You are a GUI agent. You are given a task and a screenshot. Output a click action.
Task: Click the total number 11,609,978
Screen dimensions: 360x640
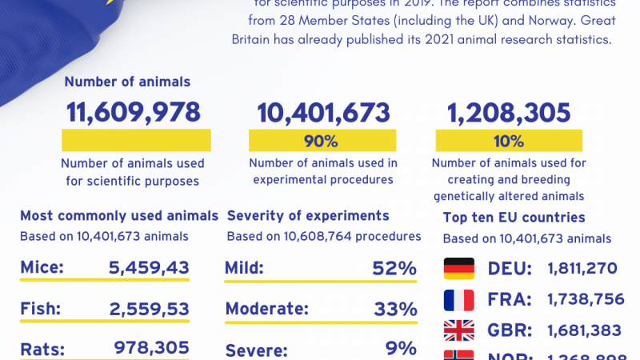133,112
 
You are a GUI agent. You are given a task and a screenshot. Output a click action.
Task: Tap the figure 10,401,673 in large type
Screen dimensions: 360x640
323,112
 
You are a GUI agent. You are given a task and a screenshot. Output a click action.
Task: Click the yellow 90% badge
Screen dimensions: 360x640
322,142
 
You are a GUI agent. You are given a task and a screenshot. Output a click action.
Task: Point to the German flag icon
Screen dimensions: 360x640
458,268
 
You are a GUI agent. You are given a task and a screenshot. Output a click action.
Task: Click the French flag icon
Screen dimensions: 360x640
458,300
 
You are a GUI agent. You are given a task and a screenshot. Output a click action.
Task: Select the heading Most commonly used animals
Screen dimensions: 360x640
118,216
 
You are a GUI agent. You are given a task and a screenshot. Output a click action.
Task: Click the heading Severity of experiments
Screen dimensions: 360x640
308,216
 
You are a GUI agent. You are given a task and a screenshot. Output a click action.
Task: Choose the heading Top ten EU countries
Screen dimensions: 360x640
514,218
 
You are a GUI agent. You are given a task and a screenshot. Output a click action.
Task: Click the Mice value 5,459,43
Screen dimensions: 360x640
149,268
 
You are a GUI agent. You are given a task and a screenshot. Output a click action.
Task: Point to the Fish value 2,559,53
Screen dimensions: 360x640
149,308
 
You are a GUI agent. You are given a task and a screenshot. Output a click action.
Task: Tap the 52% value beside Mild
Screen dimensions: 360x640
394,268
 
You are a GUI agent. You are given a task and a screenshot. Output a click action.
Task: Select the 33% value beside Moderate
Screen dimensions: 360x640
394,308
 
